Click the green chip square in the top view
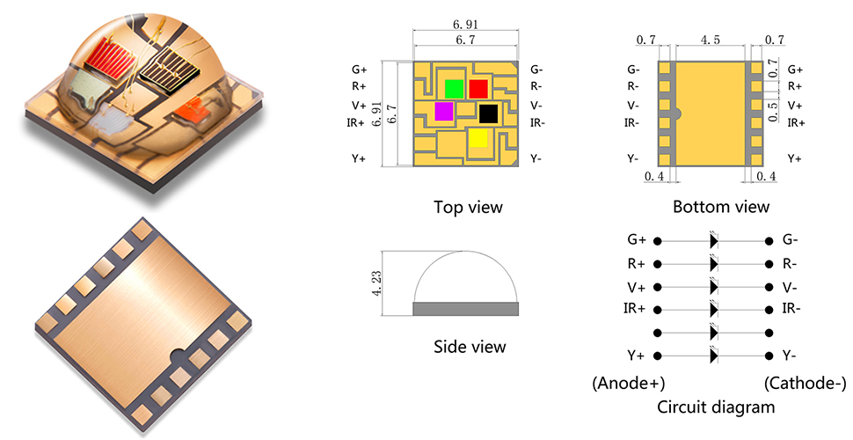454,88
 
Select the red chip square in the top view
478,88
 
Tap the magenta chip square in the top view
444,111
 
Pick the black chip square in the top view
488,112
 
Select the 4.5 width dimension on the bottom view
711,40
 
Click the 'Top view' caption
468,208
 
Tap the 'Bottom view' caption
721,208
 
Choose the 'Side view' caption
470,347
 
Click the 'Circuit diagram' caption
716,407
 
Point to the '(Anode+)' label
629,384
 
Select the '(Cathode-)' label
805,384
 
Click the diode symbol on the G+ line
714,239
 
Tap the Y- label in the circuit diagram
791,356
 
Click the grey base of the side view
465,309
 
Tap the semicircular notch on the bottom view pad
678,113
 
